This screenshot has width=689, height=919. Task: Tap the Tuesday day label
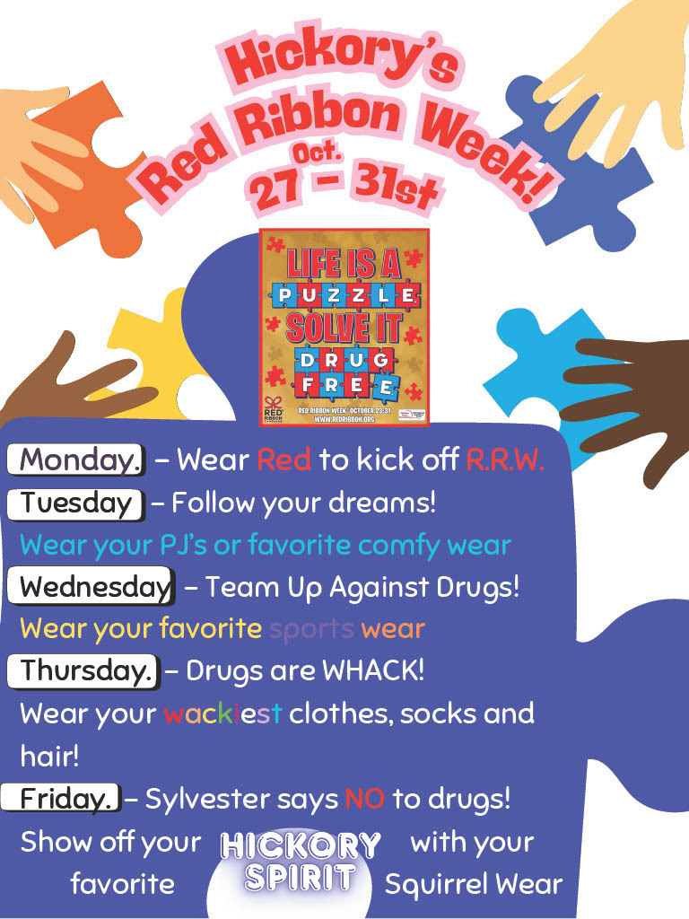click(x=76, y=503)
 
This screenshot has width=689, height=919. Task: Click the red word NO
click(x=364, y=798)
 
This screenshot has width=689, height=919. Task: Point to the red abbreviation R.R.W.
click(x=505, y=459)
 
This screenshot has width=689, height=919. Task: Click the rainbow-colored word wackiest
click(x=222, y=713)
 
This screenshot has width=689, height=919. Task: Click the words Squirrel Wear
click(x=473, y=884)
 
